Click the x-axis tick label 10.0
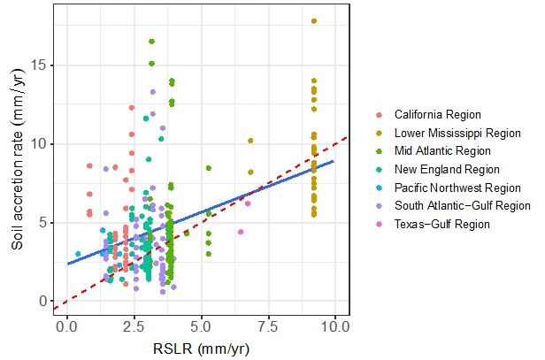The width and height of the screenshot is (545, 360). click(x=334, y=326)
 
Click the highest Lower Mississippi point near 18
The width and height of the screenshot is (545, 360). click(x=313, y=21)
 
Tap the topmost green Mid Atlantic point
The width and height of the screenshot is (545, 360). click(x=152, y=42)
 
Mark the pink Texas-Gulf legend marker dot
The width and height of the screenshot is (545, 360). click(x=380, y=224)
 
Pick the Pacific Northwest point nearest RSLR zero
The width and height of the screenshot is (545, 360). click(x=78, y=254)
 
